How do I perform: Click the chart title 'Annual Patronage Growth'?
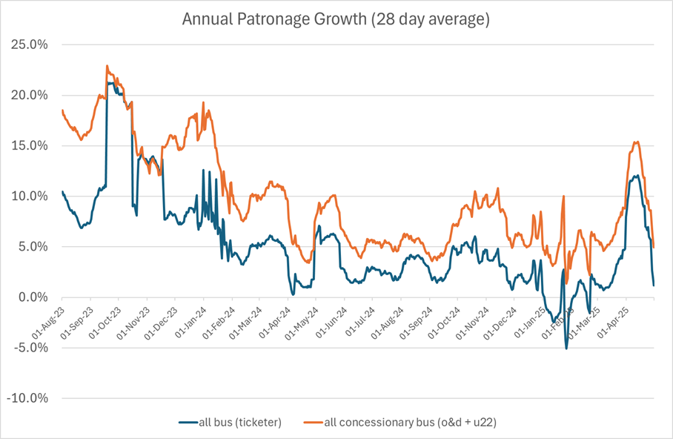336,19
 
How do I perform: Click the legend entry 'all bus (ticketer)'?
237,422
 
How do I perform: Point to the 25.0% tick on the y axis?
28,44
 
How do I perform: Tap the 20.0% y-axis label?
28,95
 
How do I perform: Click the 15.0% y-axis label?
28,145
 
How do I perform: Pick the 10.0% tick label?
28,196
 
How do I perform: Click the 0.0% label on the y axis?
30,297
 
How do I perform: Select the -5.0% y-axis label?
28,347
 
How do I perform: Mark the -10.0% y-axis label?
26,397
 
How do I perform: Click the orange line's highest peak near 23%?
107,65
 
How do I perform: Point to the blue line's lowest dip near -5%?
566,348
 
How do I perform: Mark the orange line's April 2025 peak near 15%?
636,142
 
